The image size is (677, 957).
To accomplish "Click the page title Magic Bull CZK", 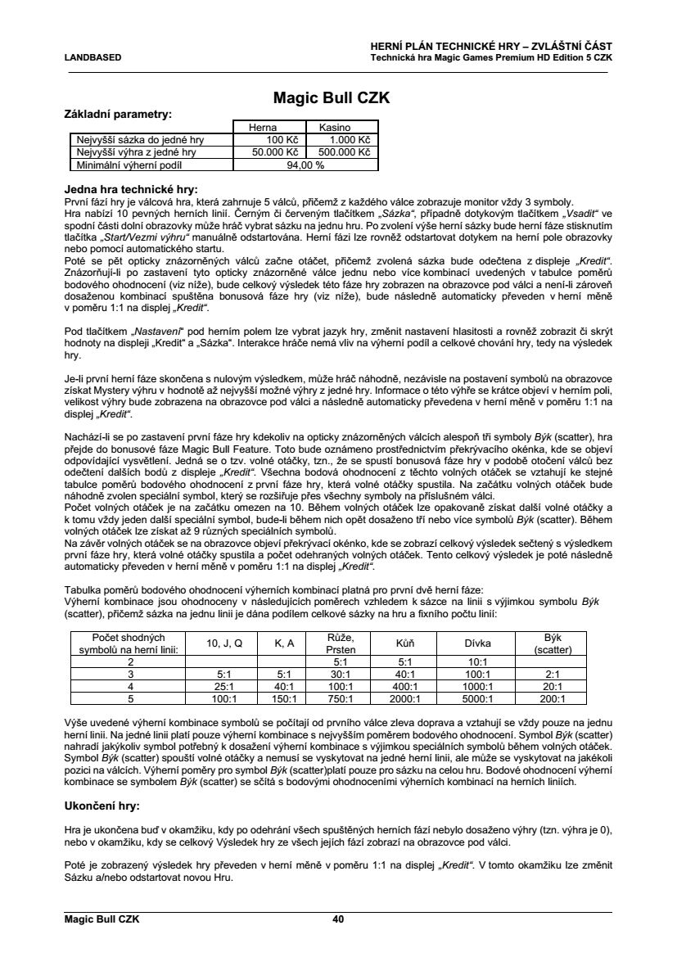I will tap(330, 98).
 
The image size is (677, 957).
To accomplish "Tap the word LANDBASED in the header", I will tap(93, 57).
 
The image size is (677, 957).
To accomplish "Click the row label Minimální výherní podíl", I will tap(129, 164).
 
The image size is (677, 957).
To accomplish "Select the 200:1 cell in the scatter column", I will tap(553, 699).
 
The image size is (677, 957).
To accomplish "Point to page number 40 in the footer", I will tap(337, 919).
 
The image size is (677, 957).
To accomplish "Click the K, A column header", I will tap(284, 643).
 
